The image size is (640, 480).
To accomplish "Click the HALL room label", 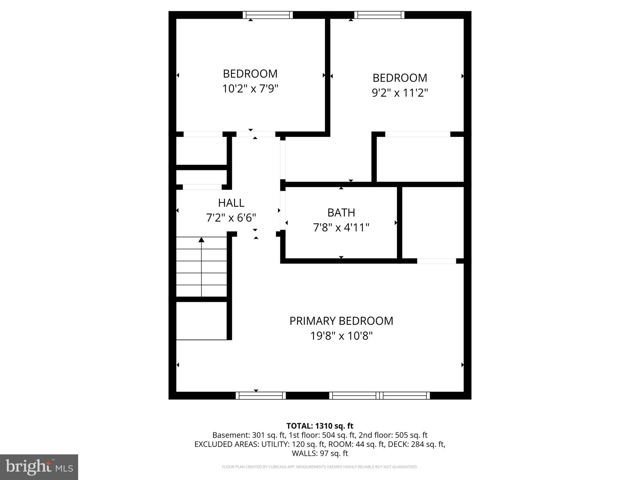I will (231, 203).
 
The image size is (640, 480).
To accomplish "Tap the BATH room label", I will (341, 212).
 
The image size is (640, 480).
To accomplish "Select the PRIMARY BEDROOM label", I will (341, 321).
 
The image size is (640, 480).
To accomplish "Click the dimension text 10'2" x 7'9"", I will (250, 89).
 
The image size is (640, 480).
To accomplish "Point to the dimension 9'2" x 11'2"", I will (400, 93).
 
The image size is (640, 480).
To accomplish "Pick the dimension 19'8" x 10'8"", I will (341, 336).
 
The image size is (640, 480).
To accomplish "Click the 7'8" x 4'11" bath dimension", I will (341, 227).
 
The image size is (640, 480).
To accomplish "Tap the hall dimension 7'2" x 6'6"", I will (231, 217).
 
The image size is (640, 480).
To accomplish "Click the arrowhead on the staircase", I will (202, 240).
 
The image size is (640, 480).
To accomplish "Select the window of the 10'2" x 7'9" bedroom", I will (268, 15).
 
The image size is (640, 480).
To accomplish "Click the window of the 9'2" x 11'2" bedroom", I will (379, 15).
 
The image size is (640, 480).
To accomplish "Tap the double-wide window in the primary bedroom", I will (379, 396).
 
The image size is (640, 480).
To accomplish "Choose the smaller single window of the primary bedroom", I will (261, 396).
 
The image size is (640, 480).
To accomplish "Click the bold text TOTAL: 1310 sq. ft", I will (320, 426).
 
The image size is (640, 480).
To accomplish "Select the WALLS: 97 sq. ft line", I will (320, 453).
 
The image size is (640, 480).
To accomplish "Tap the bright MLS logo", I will (39, 467).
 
